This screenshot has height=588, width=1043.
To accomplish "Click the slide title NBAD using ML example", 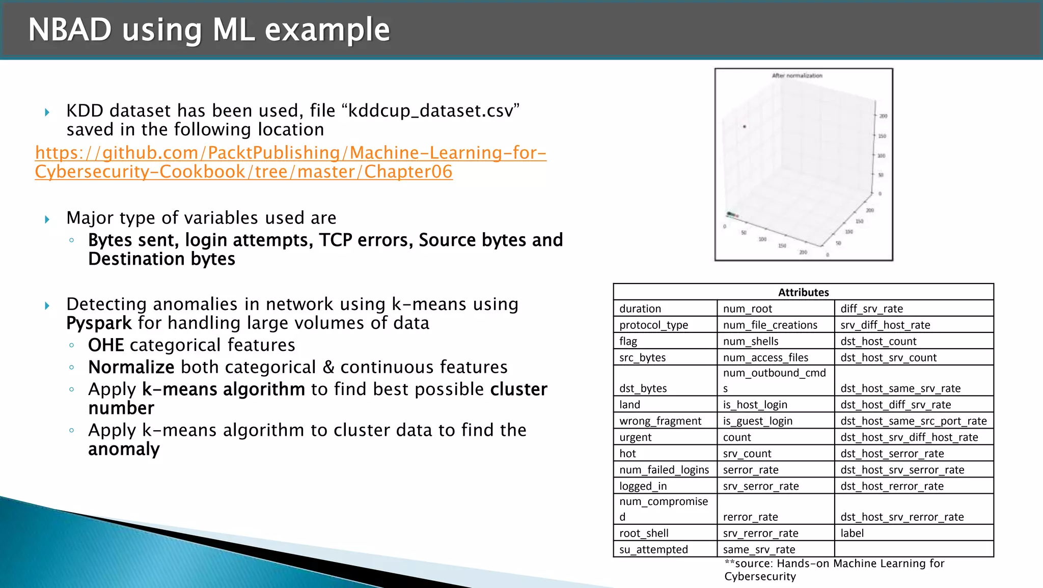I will [209, 30].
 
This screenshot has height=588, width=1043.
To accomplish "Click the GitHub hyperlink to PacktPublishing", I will [290, 162].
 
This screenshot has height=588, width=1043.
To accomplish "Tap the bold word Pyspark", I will [99, 323].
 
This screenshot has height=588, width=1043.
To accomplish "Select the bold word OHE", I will [106, 345].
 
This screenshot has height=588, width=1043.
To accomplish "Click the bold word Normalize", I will [131, 367].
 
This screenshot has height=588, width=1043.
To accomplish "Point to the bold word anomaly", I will [124, 449].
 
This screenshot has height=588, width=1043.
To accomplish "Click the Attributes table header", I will [803, 292].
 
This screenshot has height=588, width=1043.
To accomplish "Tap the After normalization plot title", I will [797, 76].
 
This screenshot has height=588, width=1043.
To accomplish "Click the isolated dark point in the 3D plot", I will [745, 126].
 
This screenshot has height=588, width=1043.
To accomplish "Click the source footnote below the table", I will [834, 570].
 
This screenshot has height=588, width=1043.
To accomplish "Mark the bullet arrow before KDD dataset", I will [47, 112].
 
